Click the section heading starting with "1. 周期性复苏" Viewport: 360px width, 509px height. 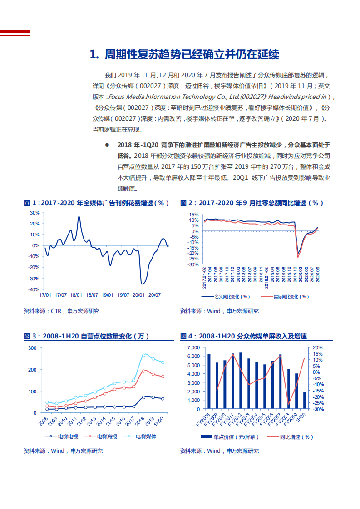[x=184, y=55]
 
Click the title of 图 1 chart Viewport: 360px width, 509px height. [x=96, y=203]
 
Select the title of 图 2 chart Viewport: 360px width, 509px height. [x=252, y=203]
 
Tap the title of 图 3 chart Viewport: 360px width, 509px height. [x=86, y=336]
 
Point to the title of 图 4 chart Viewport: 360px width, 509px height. [x=243, y=336]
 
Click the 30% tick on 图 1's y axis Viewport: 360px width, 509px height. [x=35, y=213]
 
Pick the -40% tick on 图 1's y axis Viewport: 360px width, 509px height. [x=34, y=289]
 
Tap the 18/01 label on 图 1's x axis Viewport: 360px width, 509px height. [x=76, y=295]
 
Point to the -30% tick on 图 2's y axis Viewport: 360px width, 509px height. [x=193, y=264]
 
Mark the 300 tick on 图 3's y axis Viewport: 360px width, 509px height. [x=32, y=348]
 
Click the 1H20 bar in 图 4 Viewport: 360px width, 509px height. [x=305, y=400]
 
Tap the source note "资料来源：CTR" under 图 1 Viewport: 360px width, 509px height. [x=61, y=311]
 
